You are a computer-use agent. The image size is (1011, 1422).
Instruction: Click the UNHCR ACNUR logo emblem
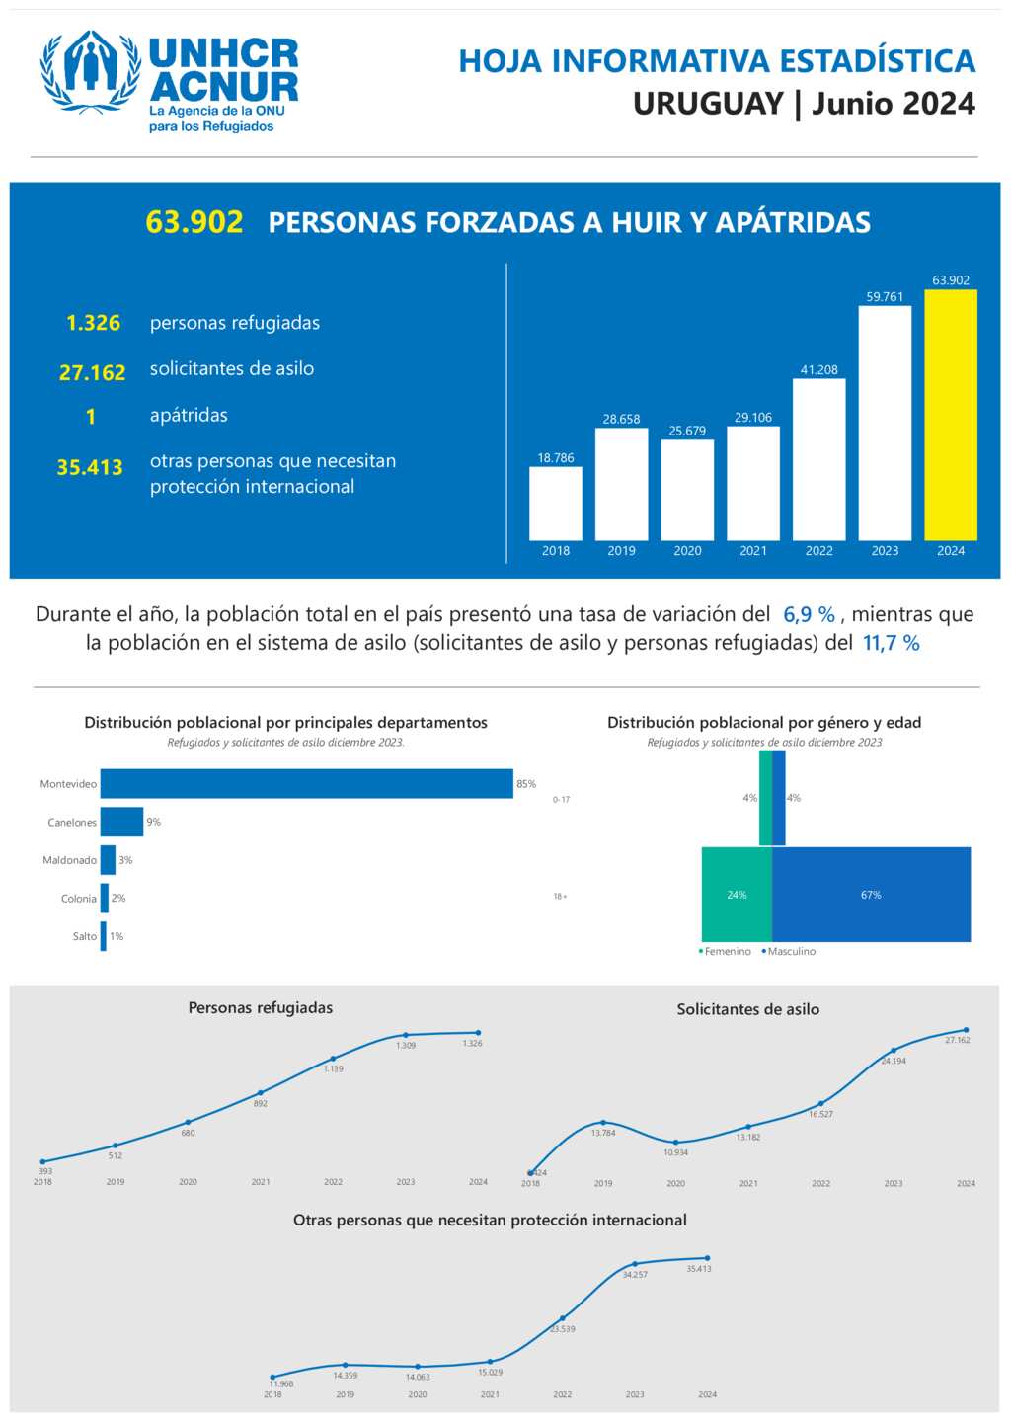click(90, 71)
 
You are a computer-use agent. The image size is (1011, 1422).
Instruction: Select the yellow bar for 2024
click(950, 415)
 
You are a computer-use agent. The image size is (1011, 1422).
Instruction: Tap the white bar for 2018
click(555, 504)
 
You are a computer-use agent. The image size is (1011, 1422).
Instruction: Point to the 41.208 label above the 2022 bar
click(818, 370)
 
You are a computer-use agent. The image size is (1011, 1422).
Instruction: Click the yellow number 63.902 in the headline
click(194, 222)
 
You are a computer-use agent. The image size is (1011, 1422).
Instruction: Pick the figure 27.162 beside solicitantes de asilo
click(93, 373)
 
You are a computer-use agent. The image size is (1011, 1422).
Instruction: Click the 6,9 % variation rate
click(809, 614)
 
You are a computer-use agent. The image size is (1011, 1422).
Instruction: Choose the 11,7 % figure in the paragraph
click(891, 643)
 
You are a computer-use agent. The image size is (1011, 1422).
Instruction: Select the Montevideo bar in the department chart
click(306, 783)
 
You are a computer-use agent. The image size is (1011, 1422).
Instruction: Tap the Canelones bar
click(121, 822)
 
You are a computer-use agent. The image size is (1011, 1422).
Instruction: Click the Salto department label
click(85, 936)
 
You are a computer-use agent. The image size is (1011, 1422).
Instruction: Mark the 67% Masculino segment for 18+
click(871, 895)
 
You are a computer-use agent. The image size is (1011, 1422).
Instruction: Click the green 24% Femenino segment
click(737, 895)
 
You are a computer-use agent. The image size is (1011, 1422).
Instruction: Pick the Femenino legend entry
click(726, 952)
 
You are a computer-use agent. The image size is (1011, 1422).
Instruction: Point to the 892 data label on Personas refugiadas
click(261, 1104)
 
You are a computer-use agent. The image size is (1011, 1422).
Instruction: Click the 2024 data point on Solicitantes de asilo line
click(966, 1030)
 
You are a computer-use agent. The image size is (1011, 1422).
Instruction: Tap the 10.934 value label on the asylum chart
click(676, 1152)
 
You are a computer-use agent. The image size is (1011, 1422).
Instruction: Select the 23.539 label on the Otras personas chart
click(563, 1329)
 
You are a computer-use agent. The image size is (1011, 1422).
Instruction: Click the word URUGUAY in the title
click(708, 104)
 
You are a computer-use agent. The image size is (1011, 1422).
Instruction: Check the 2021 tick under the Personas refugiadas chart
click(261, 1182)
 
